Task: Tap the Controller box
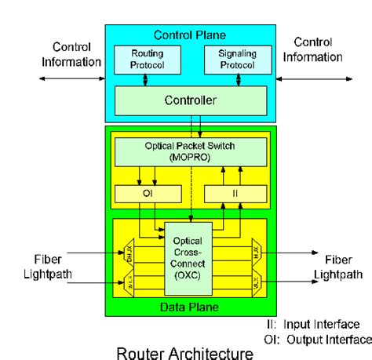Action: click(x=190, y=100)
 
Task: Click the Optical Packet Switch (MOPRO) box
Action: click(x=190, y=152)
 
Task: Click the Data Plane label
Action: click(x=190, y=307)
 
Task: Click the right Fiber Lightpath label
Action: click(x=337, y=266)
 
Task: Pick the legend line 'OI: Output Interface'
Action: click(x=317, y=339)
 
